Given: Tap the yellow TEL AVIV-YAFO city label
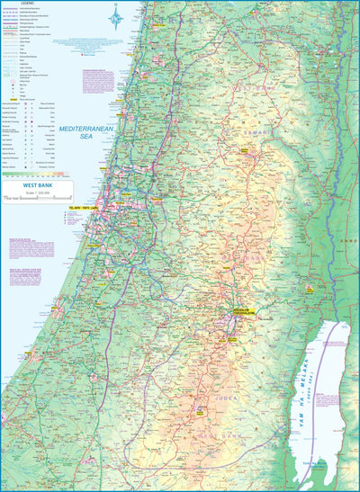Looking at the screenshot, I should pyautogui.click(x=81, y=208).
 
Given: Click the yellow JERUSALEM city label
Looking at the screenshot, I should pyautogui.click(x=240, y=313).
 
